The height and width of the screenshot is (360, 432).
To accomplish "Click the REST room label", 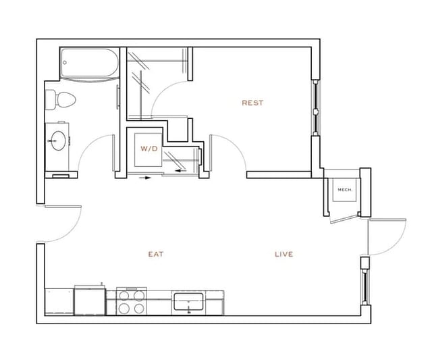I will [252, 103].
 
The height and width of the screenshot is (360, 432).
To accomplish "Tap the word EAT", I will [156, 255].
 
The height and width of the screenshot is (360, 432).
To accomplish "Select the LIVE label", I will [283, 255].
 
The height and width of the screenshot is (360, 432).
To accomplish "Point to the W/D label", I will [148, 148].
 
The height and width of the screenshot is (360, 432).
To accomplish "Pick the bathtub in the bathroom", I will [90, 64].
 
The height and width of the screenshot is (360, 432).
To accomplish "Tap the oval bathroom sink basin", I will [57, 140].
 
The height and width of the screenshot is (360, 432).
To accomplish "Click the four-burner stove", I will [132, 301].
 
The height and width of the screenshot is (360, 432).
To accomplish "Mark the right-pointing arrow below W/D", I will [144, 179].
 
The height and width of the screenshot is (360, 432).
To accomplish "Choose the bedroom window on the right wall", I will [315, 108].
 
